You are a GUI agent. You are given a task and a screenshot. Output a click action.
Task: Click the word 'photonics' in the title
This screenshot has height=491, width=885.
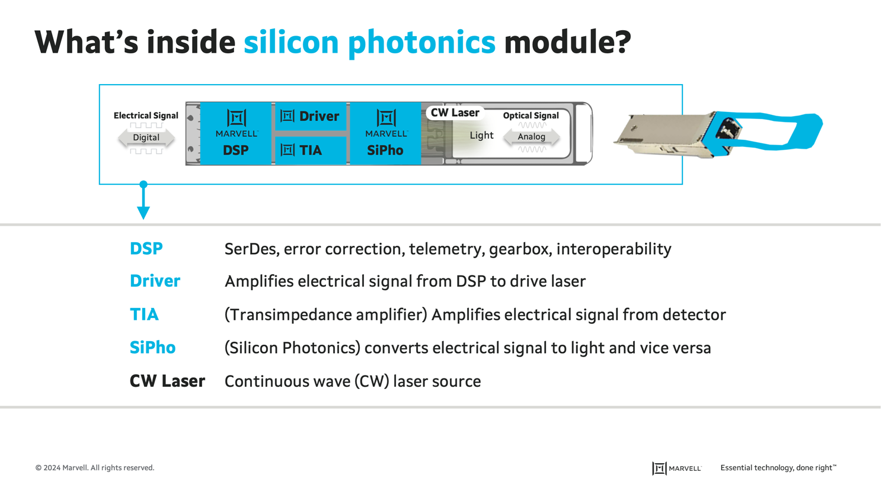click(421, 43)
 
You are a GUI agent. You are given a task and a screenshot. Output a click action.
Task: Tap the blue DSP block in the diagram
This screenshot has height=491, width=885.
click(236, 133)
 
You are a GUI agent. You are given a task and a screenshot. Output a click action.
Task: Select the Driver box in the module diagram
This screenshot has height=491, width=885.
click(310, 116)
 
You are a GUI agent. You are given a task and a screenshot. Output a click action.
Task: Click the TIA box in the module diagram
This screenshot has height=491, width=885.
click(310, 150)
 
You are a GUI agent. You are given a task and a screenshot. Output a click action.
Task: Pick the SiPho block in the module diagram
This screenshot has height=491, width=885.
click(385, 133)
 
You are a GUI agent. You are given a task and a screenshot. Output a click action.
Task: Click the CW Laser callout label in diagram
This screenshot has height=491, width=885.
click(455, 113)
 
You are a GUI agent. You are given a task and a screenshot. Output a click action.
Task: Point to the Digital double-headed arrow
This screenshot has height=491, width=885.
click(146, 137)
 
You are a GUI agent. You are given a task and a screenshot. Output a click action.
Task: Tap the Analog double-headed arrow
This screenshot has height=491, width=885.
click(531, 137)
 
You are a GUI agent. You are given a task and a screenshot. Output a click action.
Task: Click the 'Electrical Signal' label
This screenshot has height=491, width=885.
click(146, 115)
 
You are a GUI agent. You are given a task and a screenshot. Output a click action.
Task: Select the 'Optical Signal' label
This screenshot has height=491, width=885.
click(531, 115)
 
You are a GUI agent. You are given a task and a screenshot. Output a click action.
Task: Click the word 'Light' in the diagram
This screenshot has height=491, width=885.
click(481, 135)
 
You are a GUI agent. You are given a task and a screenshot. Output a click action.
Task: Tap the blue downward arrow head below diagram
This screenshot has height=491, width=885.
click(143, 212)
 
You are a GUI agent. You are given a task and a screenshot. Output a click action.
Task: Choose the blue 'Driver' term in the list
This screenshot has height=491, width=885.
click(155, 281)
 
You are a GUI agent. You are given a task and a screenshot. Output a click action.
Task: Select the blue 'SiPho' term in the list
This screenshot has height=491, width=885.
click(152, 348)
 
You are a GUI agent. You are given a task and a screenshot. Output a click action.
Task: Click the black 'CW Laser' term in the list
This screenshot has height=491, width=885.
click(167, 381)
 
